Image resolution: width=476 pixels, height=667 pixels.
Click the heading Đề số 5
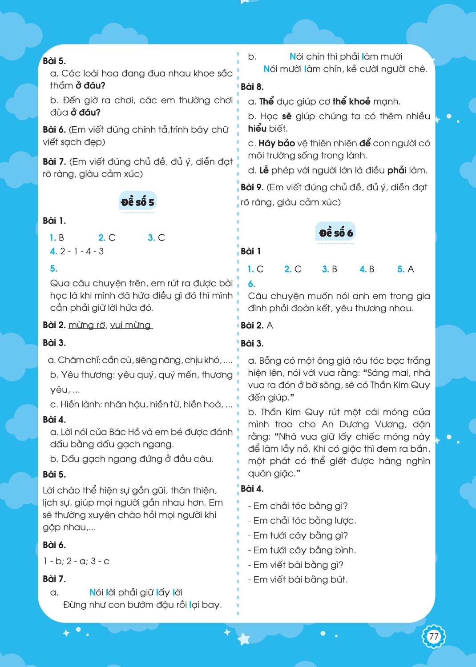click(137, 202)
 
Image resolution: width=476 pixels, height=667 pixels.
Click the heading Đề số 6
click(336, 233)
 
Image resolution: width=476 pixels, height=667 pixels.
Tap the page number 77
click(433, 636)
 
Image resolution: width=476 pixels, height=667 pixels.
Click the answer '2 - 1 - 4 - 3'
click(82, 251)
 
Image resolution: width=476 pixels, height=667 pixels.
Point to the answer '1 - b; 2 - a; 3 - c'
click(76, 561)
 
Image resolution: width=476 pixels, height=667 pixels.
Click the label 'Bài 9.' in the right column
click(252, 187)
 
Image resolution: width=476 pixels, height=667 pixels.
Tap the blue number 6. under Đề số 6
click(251, 284)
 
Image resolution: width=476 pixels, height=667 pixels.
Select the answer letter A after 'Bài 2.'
click(270, 325)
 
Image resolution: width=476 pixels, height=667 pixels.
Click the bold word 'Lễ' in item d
click(264, 170)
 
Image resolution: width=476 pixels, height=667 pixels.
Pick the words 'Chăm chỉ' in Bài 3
click(76, 360)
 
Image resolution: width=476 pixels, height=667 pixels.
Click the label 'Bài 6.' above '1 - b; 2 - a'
click(54, 545)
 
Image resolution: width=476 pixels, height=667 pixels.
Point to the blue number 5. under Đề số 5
click(53, 269)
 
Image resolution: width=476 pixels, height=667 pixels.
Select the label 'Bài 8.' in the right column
click(252, 87)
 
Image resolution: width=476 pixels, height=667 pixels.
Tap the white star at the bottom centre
click(244, 639)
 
